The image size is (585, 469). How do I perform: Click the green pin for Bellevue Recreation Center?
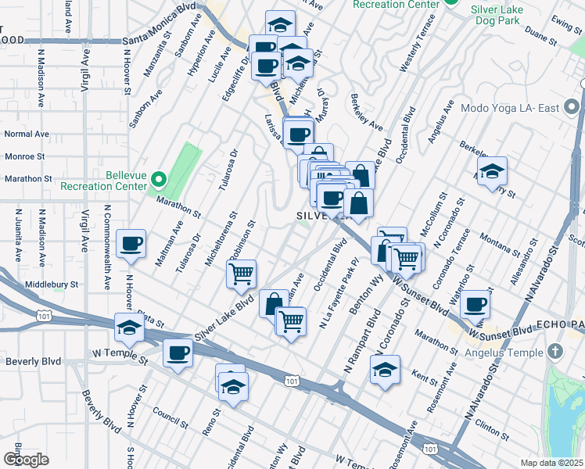click(x=157, y=181)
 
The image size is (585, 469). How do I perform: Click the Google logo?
click(x=26, y=460)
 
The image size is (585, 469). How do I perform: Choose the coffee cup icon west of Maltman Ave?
click(x=131, y=243)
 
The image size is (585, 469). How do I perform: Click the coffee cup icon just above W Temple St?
click(x=178, y=353)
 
